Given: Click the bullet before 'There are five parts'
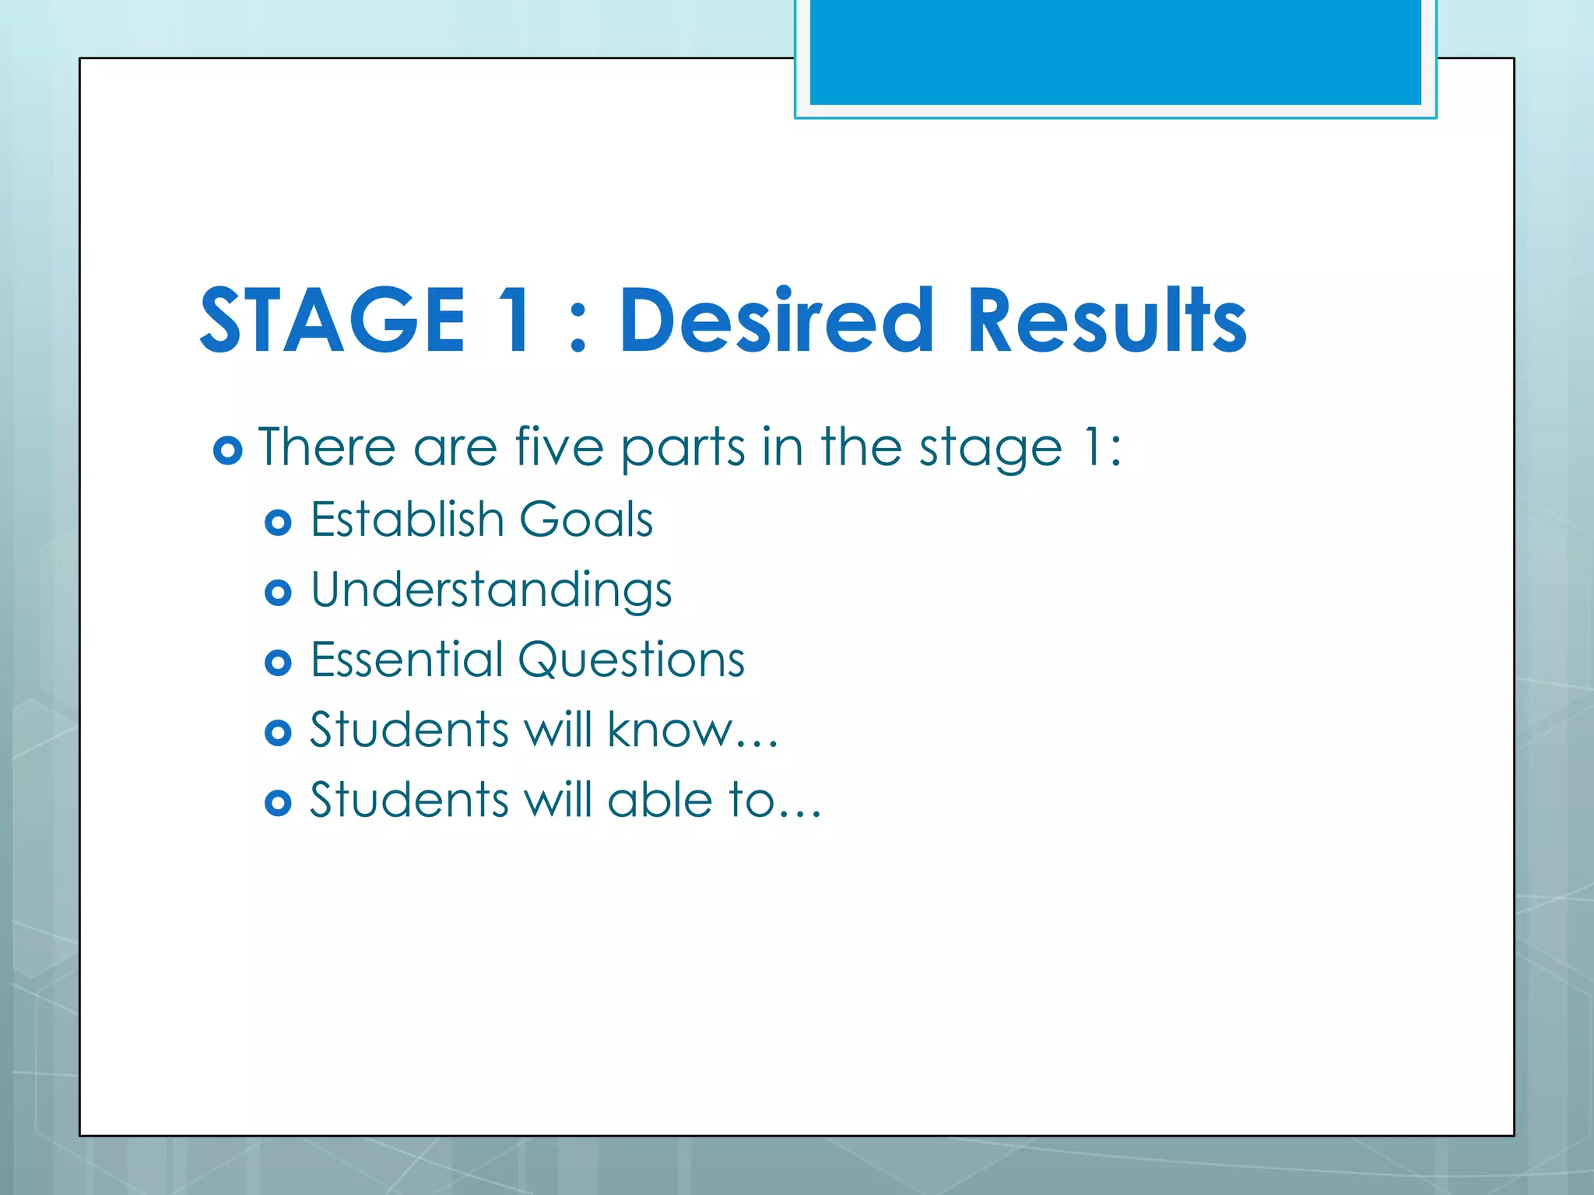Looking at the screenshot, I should coord(228,450).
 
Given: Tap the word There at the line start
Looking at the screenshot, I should coord(327,447).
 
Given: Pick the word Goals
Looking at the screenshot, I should coord(586,519).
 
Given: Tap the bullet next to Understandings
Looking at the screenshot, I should coord(278,593).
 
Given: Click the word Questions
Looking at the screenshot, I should coord(631,660).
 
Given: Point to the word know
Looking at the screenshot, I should coord(670,730).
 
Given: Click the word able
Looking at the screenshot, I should coord(659,800).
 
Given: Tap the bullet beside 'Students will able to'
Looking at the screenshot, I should coord(278,803).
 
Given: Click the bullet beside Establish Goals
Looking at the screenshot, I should coord(278,522).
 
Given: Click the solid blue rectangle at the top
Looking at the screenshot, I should coord(1115,51).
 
